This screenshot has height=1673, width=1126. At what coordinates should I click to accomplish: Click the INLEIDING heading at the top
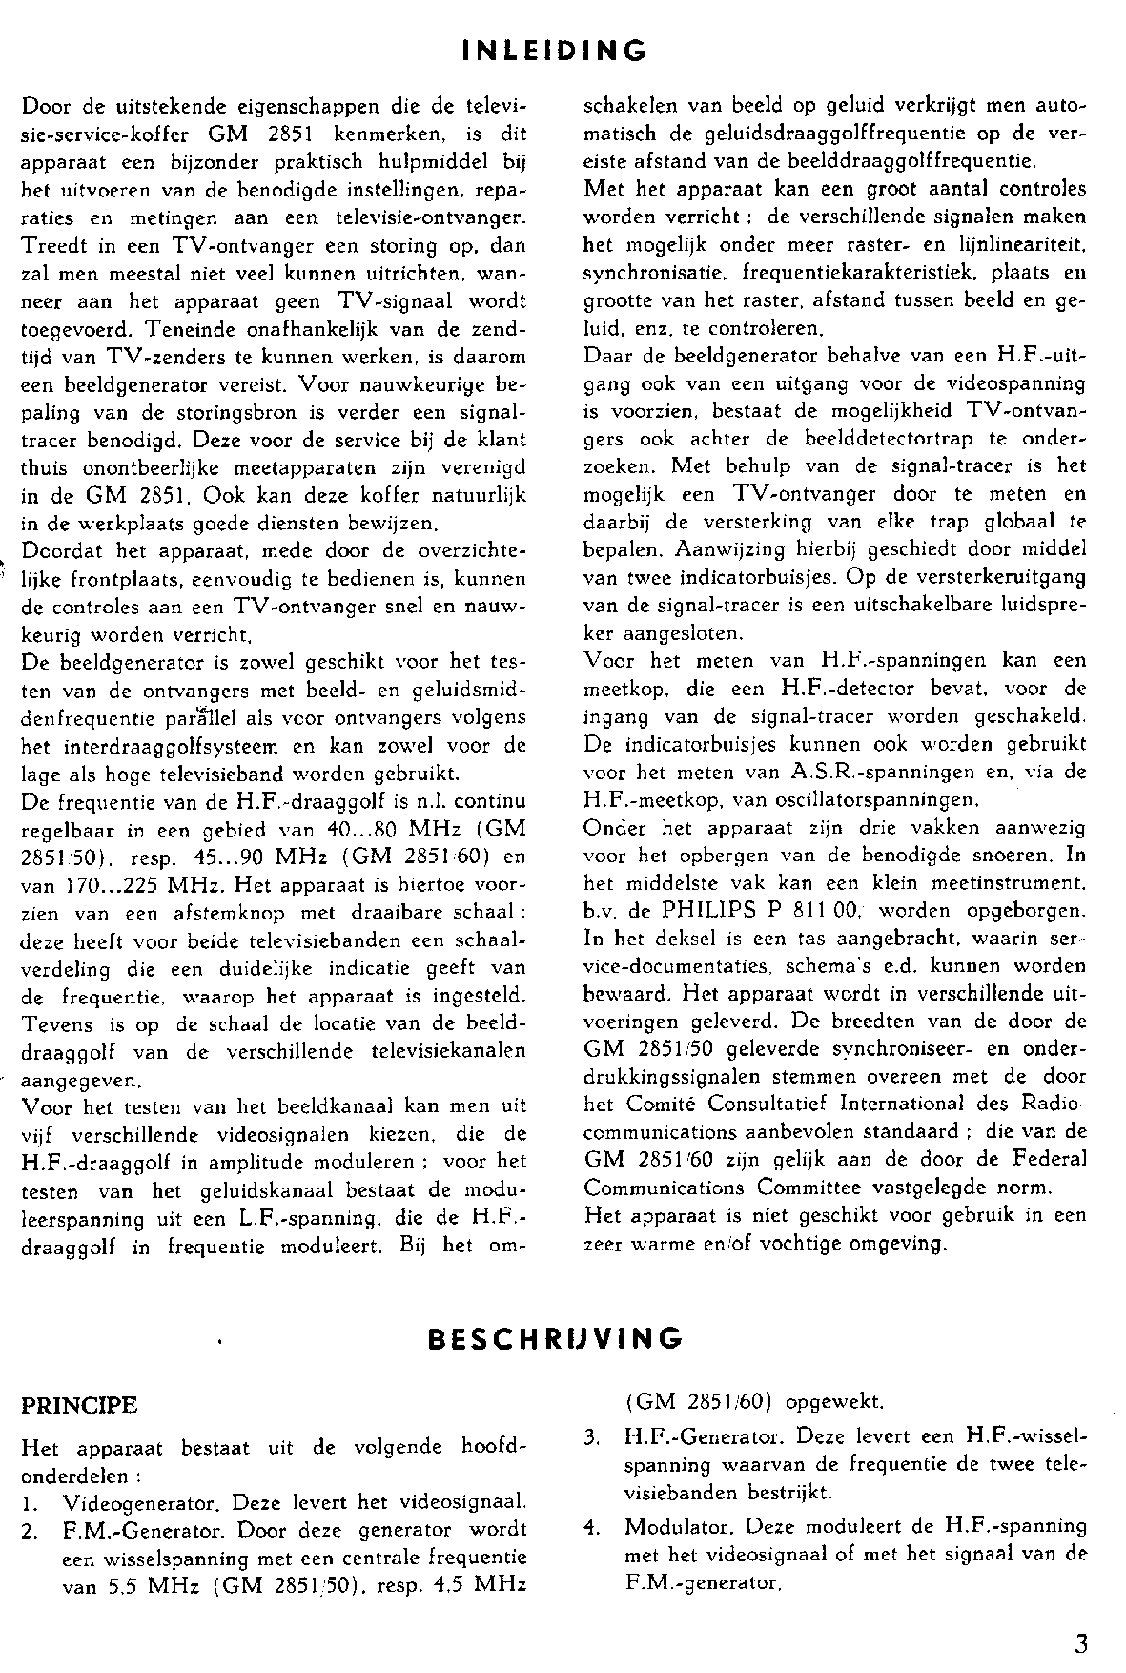[x=554, y=50]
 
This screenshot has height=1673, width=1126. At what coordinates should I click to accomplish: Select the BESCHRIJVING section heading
[x=556, y=1338]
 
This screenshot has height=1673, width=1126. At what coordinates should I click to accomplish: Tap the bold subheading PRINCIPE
[x=79, y=1406]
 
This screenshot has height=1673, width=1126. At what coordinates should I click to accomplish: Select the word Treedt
[x=51, y=246]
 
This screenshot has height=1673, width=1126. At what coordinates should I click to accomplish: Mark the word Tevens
[x=55, y=1023]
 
